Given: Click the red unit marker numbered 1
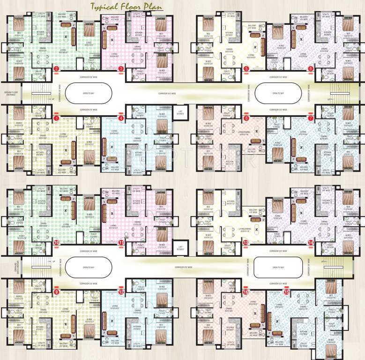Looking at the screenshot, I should (x=56, y=119).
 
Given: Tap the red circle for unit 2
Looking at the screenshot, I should (x=56, y=69).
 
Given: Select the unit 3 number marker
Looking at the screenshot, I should (x=121, y=69).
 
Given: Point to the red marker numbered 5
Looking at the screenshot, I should (x=246, y=69).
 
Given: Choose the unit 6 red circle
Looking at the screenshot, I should (x=311, y=69).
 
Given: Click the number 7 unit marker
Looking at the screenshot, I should (x=310, y=119).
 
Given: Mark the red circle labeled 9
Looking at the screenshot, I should (x=57, y=292).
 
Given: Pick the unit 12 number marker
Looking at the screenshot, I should (x=121, y=292).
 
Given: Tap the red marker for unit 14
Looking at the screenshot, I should (x=311, y=242).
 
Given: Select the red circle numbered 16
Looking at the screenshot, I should (x=246, y=292).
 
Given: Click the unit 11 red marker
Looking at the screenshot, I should (x=121, y=242).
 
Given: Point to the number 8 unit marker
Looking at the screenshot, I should (x=246, y=119).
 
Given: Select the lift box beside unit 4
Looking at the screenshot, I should (x=180, y=112).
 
